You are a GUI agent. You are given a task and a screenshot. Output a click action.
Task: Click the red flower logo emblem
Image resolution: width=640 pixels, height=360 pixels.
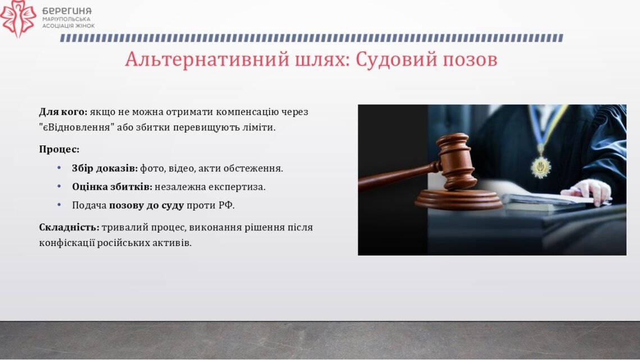pyautogui.click(x=18, y=19)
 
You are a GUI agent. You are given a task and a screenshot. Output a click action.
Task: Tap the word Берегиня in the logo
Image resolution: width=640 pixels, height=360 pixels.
pyautogui.click(x=67, y=11)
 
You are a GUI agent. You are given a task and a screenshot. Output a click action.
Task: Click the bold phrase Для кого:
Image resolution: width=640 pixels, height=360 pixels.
pyautogui.click(x=63, y=112)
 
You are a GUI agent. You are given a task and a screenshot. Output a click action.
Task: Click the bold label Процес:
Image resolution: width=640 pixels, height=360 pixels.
pyautogui.click(x=59, y=149)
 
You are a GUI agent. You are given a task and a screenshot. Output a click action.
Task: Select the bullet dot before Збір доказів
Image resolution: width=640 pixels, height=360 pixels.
pyautogui.click(x=59, y=168)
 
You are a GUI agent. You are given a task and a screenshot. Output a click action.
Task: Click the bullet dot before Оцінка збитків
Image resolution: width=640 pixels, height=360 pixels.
pyautogui.click(x=59, y=186)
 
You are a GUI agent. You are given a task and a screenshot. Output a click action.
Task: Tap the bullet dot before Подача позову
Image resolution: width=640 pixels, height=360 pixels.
pyautogui.click(x=59, y=204)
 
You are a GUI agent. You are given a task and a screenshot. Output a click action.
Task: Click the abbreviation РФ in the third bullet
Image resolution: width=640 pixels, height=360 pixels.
pyautogui.click(x=227, y=205)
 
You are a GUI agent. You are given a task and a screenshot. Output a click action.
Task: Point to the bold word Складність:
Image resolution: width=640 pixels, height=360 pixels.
pyautogui.click(x=70, y=227)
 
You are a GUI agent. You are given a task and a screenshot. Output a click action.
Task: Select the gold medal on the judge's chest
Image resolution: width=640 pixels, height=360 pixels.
pyautogui.click(x=541, y=167)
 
